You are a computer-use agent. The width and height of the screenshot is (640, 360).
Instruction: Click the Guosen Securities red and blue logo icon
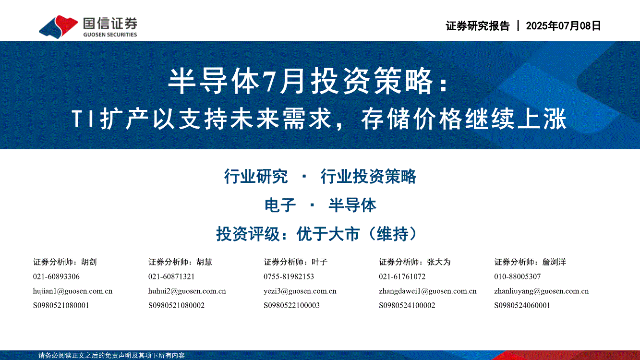(x=59, y=26)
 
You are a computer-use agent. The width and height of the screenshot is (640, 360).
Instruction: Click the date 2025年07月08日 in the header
(x=564, y=26)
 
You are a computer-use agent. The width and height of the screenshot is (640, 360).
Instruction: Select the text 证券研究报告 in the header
(x=477, y=26)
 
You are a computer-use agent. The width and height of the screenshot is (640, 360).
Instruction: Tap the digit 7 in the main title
(x=269, y=82)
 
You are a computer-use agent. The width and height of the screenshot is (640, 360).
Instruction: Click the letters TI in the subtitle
(x=83, y=119)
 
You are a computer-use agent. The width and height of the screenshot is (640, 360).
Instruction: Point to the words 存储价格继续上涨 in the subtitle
(x=464, y=119)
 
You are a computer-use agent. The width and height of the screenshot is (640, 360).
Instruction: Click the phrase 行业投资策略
(x=368, y=176)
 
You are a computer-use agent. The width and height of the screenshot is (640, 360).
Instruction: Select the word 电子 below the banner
(x=280, y=205)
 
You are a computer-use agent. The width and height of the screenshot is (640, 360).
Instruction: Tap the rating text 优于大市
(x=328, y=234)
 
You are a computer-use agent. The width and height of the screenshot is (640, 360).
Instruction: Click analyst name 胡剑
(x=89, y=262)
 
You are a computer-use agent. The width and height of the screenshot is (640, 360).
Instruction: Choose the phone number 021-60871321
(x=171, y=276)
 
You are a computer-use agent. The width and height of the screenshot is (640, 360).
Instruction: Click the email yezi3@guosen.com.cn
(x=300, y=291)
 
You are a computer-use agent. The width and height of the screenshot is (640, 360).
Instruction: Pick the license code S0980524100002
(x=407, y=305)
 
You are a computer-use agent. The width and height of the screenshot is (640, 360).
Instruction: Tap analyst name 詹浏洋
(x=554, y=262)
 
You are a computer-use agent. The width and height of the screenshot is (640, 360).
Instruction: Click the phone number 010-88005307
(x=518, y=276)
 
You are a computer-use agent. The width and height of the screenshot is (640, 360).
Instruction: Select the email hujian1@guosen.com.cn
(x=72, y=291)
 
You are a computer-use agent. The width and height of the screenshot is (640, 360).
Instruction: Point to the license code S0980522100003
(x=291, y=305)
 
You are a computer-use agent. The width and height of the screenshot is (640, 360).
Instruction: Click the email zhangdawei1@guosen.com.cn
(x=428, y=291)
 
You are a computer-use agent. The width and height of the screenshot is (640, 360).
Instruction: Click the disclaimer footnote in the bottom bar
(x=111, y=355)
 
